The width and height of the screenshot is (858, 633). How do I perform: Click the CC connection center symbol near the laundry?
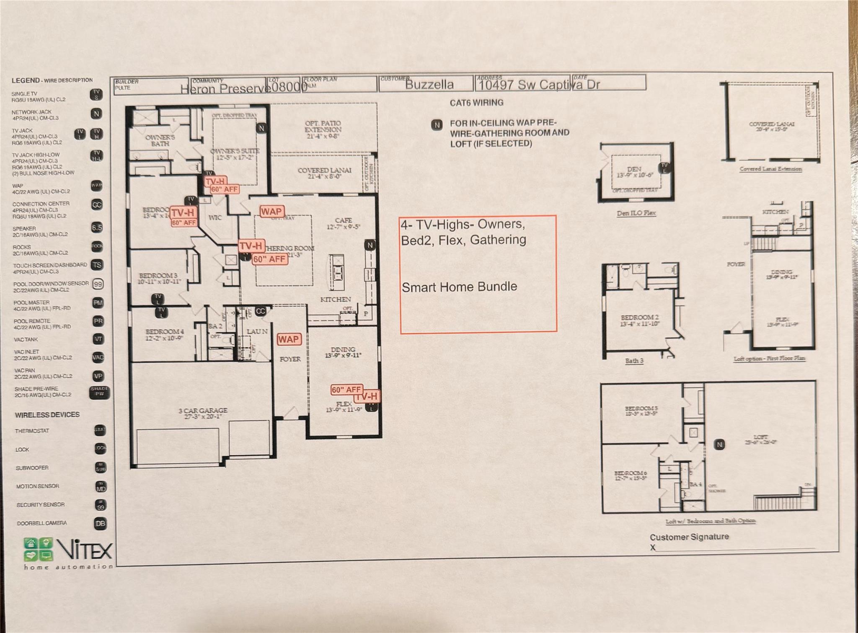pyautogui.click(x=261, y=311)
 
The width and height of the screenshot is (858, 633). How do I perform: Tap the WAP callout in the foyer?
pyautogui.click(x=289, y=339)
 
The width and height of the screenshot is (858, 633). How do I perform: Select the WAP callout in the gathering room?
pyautogui.click(x=271, y=212)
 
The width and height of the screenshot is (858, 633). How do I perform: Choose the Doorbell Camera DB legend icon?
pyautogui.click(x=100, y=523)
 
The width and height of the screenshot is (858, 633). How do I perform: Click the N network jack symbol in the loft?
pyautogui.click(x=720, y=444)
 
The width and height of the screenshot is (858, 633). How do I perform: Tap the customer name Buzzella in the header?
pyautogui.click(x=429, y=85)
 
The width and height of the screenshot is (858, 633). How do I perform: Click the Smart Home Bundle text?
pyautogui.click(x=459, y=287)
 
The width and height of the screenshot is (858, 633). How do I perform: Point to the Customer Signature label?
pyautogui.click(x=689, y=537)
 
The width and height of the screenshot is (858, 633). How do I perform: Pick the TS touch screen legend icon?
pyautogui.click(x=97, y=265)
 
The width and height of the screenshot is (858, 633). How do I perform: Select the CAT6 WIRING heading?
pyautogui.click(x=476, y=103)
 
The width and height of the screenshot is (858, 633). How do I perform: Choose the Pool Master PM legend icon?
pyautogui.click(x=98, y=303)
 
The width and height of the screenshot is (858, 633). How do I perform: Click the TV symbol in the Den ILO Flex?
pyautogui.click(x=664, y=168)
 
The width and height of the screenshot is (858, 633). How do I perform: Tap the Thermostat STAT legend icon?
pyautogui.click(x=100, y=430)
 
